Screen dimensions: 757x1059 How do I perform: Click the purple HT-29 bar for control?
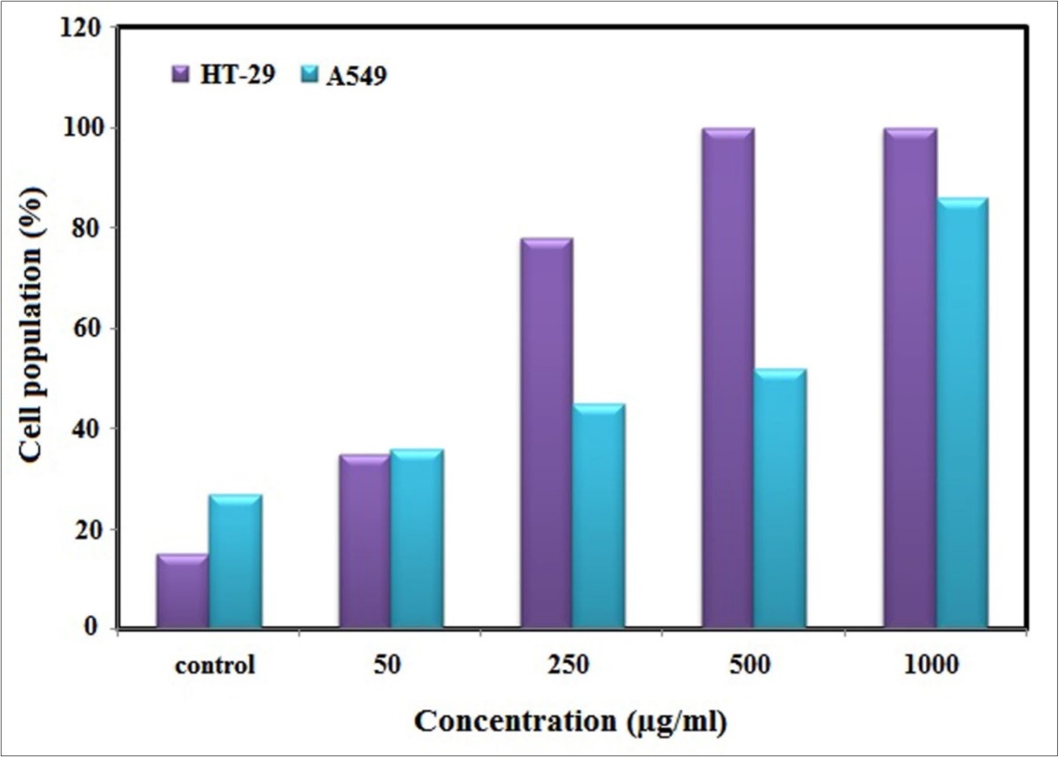pos(183,591)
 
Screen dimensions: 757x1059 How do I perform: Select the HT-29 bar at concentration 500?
pos(727,378)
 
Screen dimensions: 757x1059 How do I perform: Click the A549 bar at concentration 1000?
pos(962,412)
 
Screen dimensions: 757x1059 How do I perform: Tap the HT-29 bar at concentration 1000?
pos(909,378)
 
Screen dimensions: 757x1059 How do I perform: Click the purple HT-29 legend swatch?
pos(180,75)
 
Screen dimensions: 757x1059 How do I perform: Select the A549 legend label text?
pos(358,76)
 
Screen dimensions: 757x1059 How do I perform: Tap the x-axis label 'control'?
pos(215,667)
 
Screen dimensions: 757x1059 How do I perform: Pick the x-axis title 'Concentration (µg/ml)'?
pos(570,721)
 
